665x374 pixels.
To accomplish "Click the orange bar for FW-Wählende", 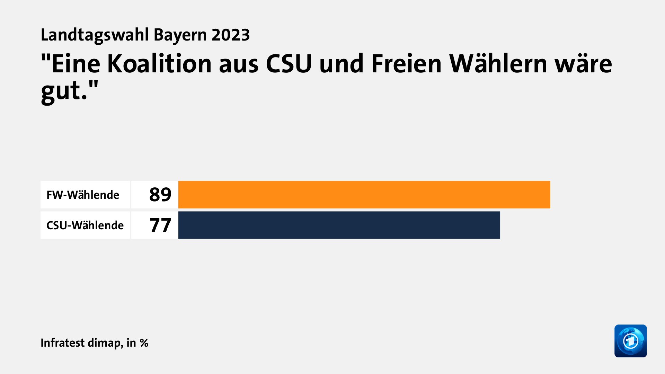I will point(364,195).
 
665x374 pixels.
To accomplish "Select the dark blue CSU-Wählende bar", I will point(339,225).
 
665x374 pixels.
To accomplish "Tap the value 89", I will point(160,195).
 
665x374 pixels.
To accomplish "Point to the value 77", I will point(160,225).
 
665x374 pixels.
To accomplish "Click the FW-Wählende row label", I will point(83,195).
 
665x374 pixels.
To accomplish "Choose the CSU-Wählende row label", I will point(85,225).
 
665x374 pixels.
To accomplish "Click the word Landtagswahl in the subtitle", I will point(95,35).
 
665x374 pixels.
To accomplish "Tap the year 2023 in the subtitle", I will point(231,35).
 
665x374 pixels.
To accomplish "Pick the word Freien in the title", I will point(406,64).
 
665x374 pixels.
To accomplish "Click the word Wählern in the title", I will point(498,64).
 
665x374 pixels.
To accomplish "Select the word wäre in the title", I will point(583,64).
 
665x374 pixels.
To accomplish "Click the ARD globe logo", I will point(630,341).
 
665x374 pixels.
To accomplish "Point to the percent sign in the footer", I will point(144,343).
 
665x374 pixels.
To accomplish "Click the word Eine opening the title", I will point(76,64).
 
